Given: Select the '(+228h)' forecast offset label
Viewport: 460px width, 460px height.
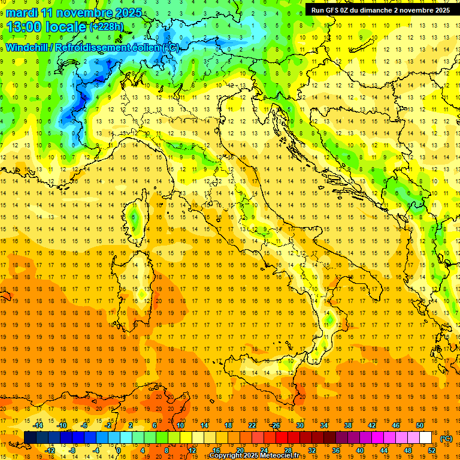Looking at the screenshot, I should click(x=108, y=27).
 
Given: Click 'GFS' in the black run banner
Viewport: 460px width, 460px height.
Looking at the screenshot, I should click(x=333, y=10).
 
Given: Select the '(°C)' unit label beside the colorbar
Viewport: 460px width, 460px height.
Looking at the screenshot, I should click(x=446, y=438).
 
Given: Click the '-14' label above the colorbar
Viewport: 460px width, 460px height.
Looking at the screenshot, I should click(x=38, y=425).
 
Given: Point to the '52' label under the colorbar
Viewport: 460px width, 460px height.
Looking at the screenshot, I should click(x=432, y=450).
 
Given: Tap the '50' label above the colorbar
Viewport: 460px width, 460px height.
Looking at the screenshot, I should click(x=420, y=425).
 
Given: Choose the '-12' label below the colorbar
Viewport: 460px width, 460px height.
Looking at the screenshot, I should click(x=50, y=450).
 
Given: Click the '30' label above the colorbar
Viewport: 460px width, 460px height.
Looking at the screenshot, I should click(x=299, y=425).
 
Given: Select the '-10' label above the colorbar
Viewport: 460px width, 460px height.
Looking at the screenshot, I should click(x=62, y=425).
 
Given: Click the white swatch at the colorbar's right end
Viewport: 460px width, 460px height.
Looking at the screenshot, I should click(x=425, y=438).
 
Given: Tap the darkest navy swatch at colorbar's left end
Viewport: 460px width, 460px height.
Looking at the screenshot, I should click(x=30, y=438).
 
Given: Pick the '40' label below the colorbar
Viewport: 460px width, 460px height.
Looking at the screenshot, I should click(x=359, y=450).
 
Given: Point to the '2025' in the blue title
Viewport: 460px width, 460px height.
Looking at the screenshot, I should click(x=128, y=13).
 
